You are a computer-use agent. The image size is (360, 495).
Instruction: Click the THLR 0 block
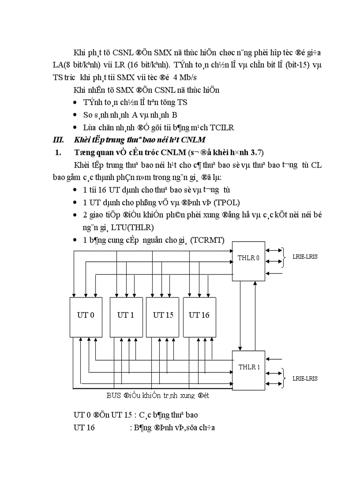point(249,261)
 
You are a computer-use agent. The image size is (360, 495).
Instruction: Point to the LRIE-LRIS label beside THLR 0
point(305,257)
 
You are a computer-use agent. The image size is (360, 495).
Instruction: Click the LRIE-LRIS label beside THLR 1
point(305,378)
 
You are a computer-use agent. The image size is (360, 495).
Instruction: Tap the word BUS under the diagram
point(114,395)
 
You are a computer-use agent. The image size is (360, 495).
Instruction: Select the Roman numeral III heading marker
point(58,141)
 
